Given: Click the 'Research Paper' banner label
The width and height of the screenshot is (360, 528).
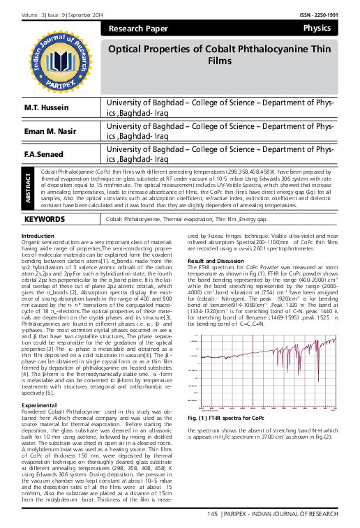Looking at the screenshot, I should pos(135,29).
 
